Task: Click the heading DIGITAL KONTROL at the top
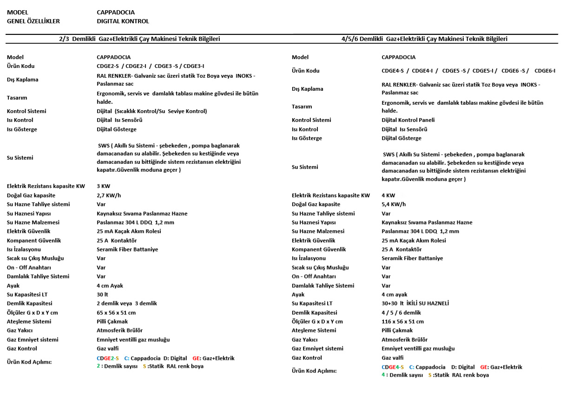click(x=123, y=21)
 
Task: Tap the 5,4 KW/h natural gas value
click(x=394, y=204)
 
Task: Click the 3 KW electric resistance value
click(x=103, y=186)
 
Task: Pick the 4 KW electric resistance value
click(x=388, y=196)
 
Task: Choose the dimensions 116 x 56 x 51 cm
click(x=402, y=322)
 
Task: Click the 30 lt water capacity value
click(x=102, y=295)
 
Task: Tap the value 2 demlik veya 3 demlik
click(x=126, y=304)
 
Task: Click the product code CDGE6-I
click(x=545, y=71)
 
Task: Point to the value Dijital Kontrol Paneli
click(x=408, y=120)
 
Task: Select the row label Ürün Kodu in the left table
click(x=20, y=66)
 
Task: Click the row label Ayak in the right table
click(x=298, y=295)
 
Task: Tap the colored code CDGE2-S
click(x=107, y=358)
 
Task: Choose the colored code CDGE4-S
click(x=392, y=367)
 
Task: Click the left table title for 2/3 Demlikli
click(x=139, y=39)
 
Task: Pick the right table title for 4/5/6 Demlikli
click(x=424, y=39)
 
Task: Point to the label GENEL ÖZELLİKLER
click(x=33, y=21)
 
